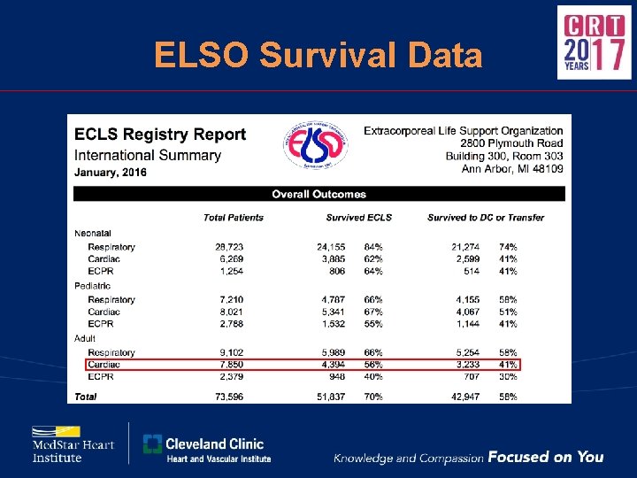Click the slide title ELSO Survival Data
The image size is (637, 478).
pyautogui.click(x=318, y=56)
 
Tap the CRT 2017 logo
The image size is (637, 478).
pyautogui.click(x=594, y=42)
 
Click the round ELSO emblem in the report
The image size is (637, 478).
pyautogui.click(x=316, y=144)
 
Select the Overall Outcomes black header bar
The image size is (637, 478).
pyautogui.click(x=318, y=194)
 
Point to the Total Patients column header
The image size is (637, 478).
pyautogui.click(x=233, y=217)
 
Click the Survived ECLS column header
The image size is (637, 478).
pyautogui.click(x=358, y=217)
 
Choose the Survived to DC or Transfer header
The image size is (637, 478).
pyautogui.click(x=486, y=217)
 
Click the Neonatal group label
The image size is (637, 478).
pyautogui.click(x=93, y=234)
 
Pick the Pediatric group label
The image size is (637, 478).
pyautogui.click(x=93, y=286)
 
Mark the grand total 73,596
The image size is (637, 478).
pyautogui.click(x=228, y=397)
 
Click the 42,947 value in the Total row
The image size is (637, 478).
pyautogui.click(x=465, y=397)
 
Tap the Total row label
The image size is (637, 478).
pyautogui.click(x=86, y=397)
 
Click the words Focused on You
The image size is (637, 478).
pyautogui.click(x=546, y=457)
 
